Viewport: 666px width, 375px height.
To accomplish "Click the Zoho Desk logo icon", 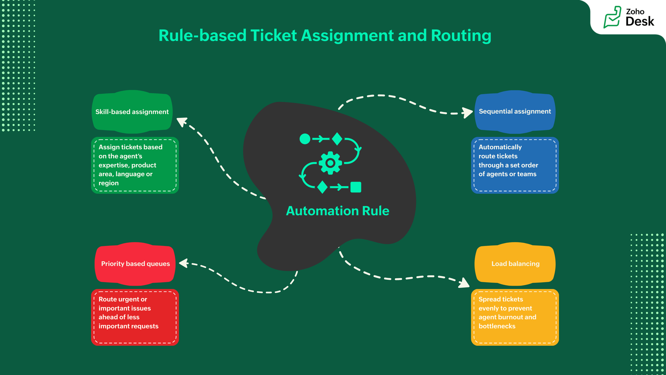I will click(612, 17).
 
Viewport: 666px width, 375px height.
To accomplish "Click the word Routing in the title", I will click(461, 35).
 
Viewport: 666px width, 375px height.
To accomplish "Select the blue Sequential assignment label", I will click(515, 111).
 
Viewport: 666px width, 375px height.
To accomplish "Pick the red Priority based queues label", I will click(135, 264).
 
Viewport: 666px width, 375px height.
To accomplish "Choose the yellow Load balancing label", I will click(515, 264).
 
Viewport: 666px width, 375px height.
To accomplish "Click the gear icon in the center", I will click(330, 163).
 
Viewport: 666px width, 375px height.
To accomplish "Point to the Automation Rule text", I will click(337, 211).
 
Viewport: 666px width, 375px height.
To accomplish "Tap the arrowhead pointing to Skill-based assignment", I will click(182, 122).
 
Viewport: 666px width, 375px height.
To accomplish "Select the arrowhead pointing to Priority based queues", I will click(184, 263).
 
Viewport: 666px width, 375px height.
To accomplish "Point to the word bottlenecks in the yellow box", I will click(497, 326).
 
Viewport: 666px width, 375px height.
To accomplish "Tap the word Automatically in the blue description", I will click(500, 147).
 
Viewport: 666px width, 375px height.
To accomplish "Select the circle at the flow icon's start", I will click(305, 139).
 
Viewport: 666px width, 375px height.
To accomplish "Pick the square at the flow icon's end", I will click(356, 187).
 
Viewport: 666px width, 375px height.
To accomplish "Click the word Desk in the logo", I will click(640, 21).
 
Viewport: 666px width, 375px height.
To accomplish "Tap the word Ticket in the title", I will click(274, 35).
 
